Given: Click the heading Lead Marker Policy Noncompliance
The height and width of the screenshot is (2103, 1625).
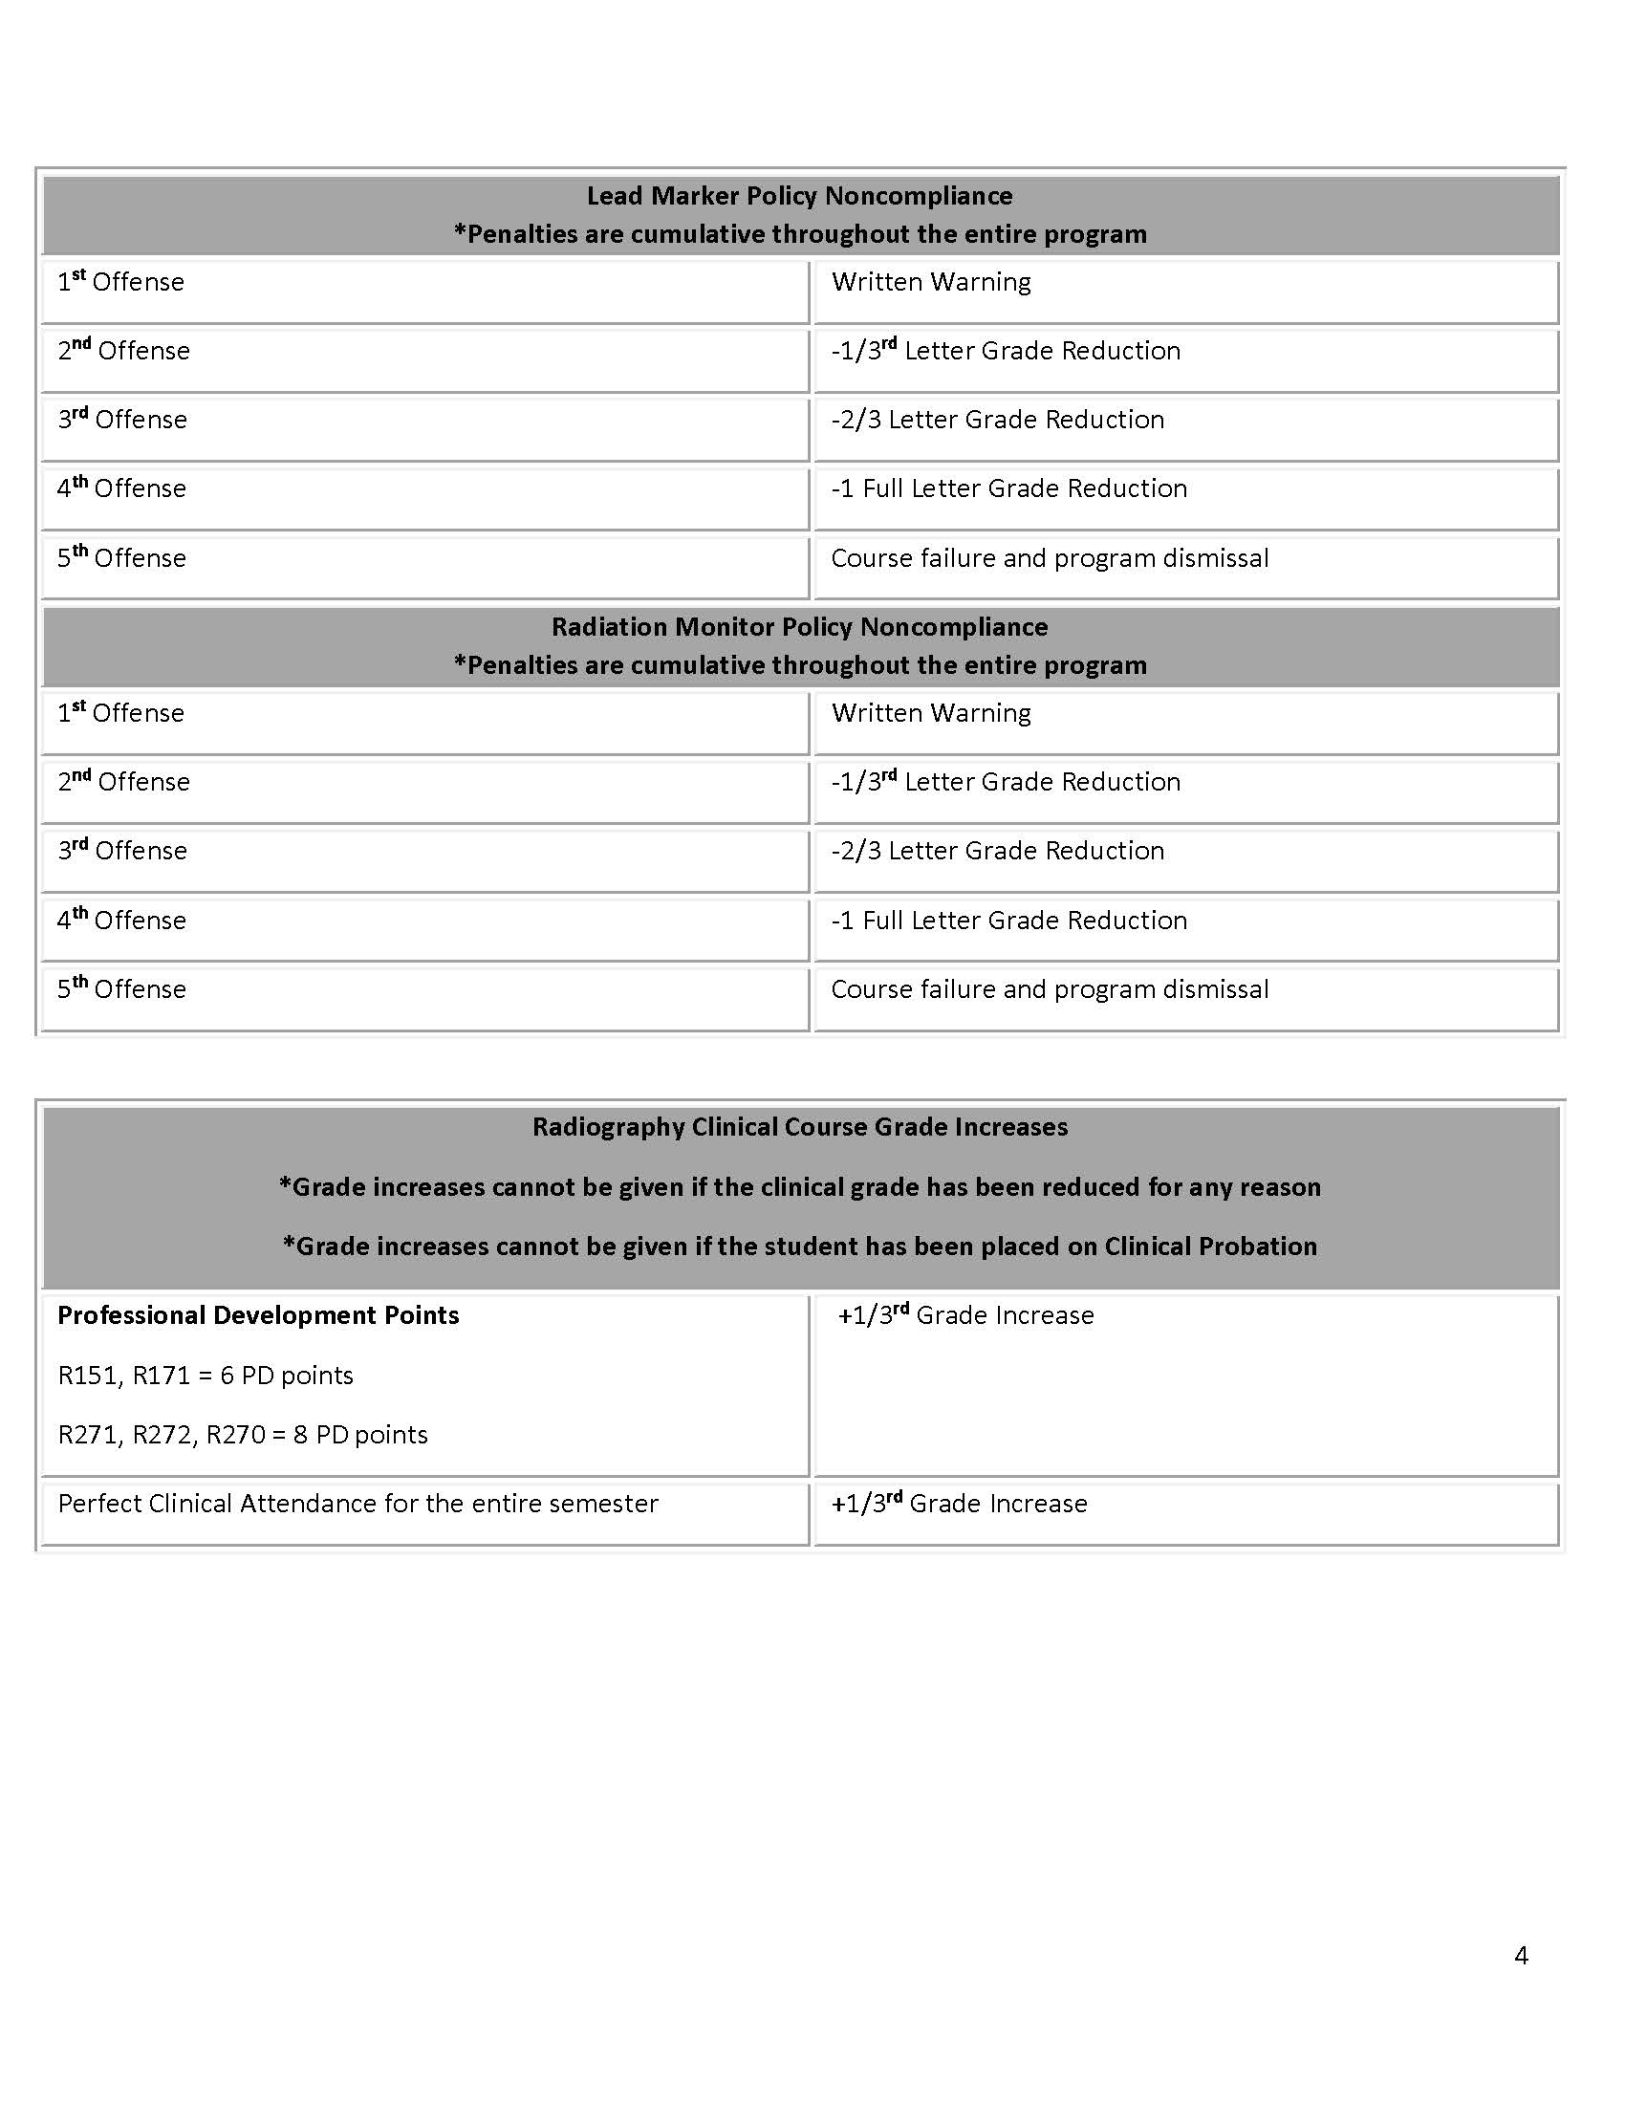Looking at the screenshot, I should pyautogui.click(x=799, y=196).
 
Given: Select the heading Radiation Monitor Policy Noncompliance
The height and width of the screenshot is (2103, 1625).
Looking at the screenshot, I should pyautogui.click(x=799, y=627).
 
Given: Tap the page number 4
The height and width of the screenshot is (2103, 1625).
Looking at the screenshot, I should pyautogui.click(x=1521, y=1955).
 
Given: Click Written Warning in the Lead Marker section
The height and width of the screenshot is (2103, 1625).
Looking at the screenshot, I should pyautogui.click(x=931, y=282).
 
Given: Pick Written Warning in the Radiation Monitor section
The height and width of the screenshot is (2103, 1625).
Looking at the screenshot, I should pyautogui.click(x=931, y=713).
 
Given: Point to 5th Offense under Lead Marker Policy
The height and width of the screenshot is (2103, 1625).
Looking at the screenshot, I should pyautogui.click(x=121, y=558).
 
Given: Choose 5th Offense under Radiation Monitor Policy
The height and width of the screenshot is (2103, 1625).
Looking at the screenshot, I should pyautogui.click(x=121, y=989).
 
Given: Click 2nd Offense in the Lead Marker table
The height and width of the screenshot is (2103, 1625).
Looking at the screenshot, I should pyautogui.click(x=123, y=351).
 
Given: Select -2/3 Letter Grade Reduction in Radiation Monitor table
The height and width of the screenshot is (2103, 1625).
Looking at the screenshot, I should pyautogui.click(x=997, y=851).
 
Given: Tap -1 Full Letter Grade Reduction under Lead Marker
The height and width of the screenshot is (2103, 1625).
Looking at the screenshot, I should pyautogui.click(x=1008, y=489).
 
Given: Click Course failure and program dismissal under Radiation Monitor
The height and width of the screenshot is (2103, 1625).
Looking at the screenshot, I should pyautogui.click(x=1050, y=990).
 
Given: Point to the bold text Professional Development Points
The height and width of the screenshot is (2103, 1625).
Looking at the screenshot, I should pyautogui.click(x=258, y=1315).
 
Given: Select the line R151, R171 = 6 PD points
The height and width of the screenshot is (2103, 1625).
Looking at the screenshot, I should pyautogui.click(x=206, y=1375).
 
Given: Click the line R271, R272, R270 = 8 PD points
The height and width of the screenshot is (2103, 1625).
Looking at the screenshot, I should pyautogui.click(x=243, y=1435).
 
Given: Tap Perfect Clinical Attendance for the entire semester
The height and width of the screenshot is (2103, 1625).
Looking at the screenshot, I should pyautogui.click(x=358, y=1504).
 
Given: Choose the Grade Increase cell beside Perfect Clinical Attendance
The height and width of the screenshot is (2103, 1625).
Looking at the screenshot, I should pyautogui.click(x=959, y=1504).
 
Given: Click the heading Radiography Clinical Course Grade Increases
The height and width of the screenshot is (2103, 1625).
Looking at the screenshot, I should pyautogui.click(x=799, y=1128).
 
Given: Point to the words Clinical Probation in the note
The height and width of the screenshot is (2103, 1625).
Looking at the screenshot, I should pyautogui.click(x=1210, y=1247).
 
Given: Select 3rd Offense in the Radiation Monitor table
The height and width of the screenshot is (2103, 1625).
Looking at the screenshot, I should pyautogui.click(x=122, y=851).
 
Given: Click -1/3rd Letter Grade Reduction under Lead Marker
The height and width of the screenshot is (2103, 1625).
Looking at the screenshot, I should pyautogui.click(x=1006, y=351).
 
